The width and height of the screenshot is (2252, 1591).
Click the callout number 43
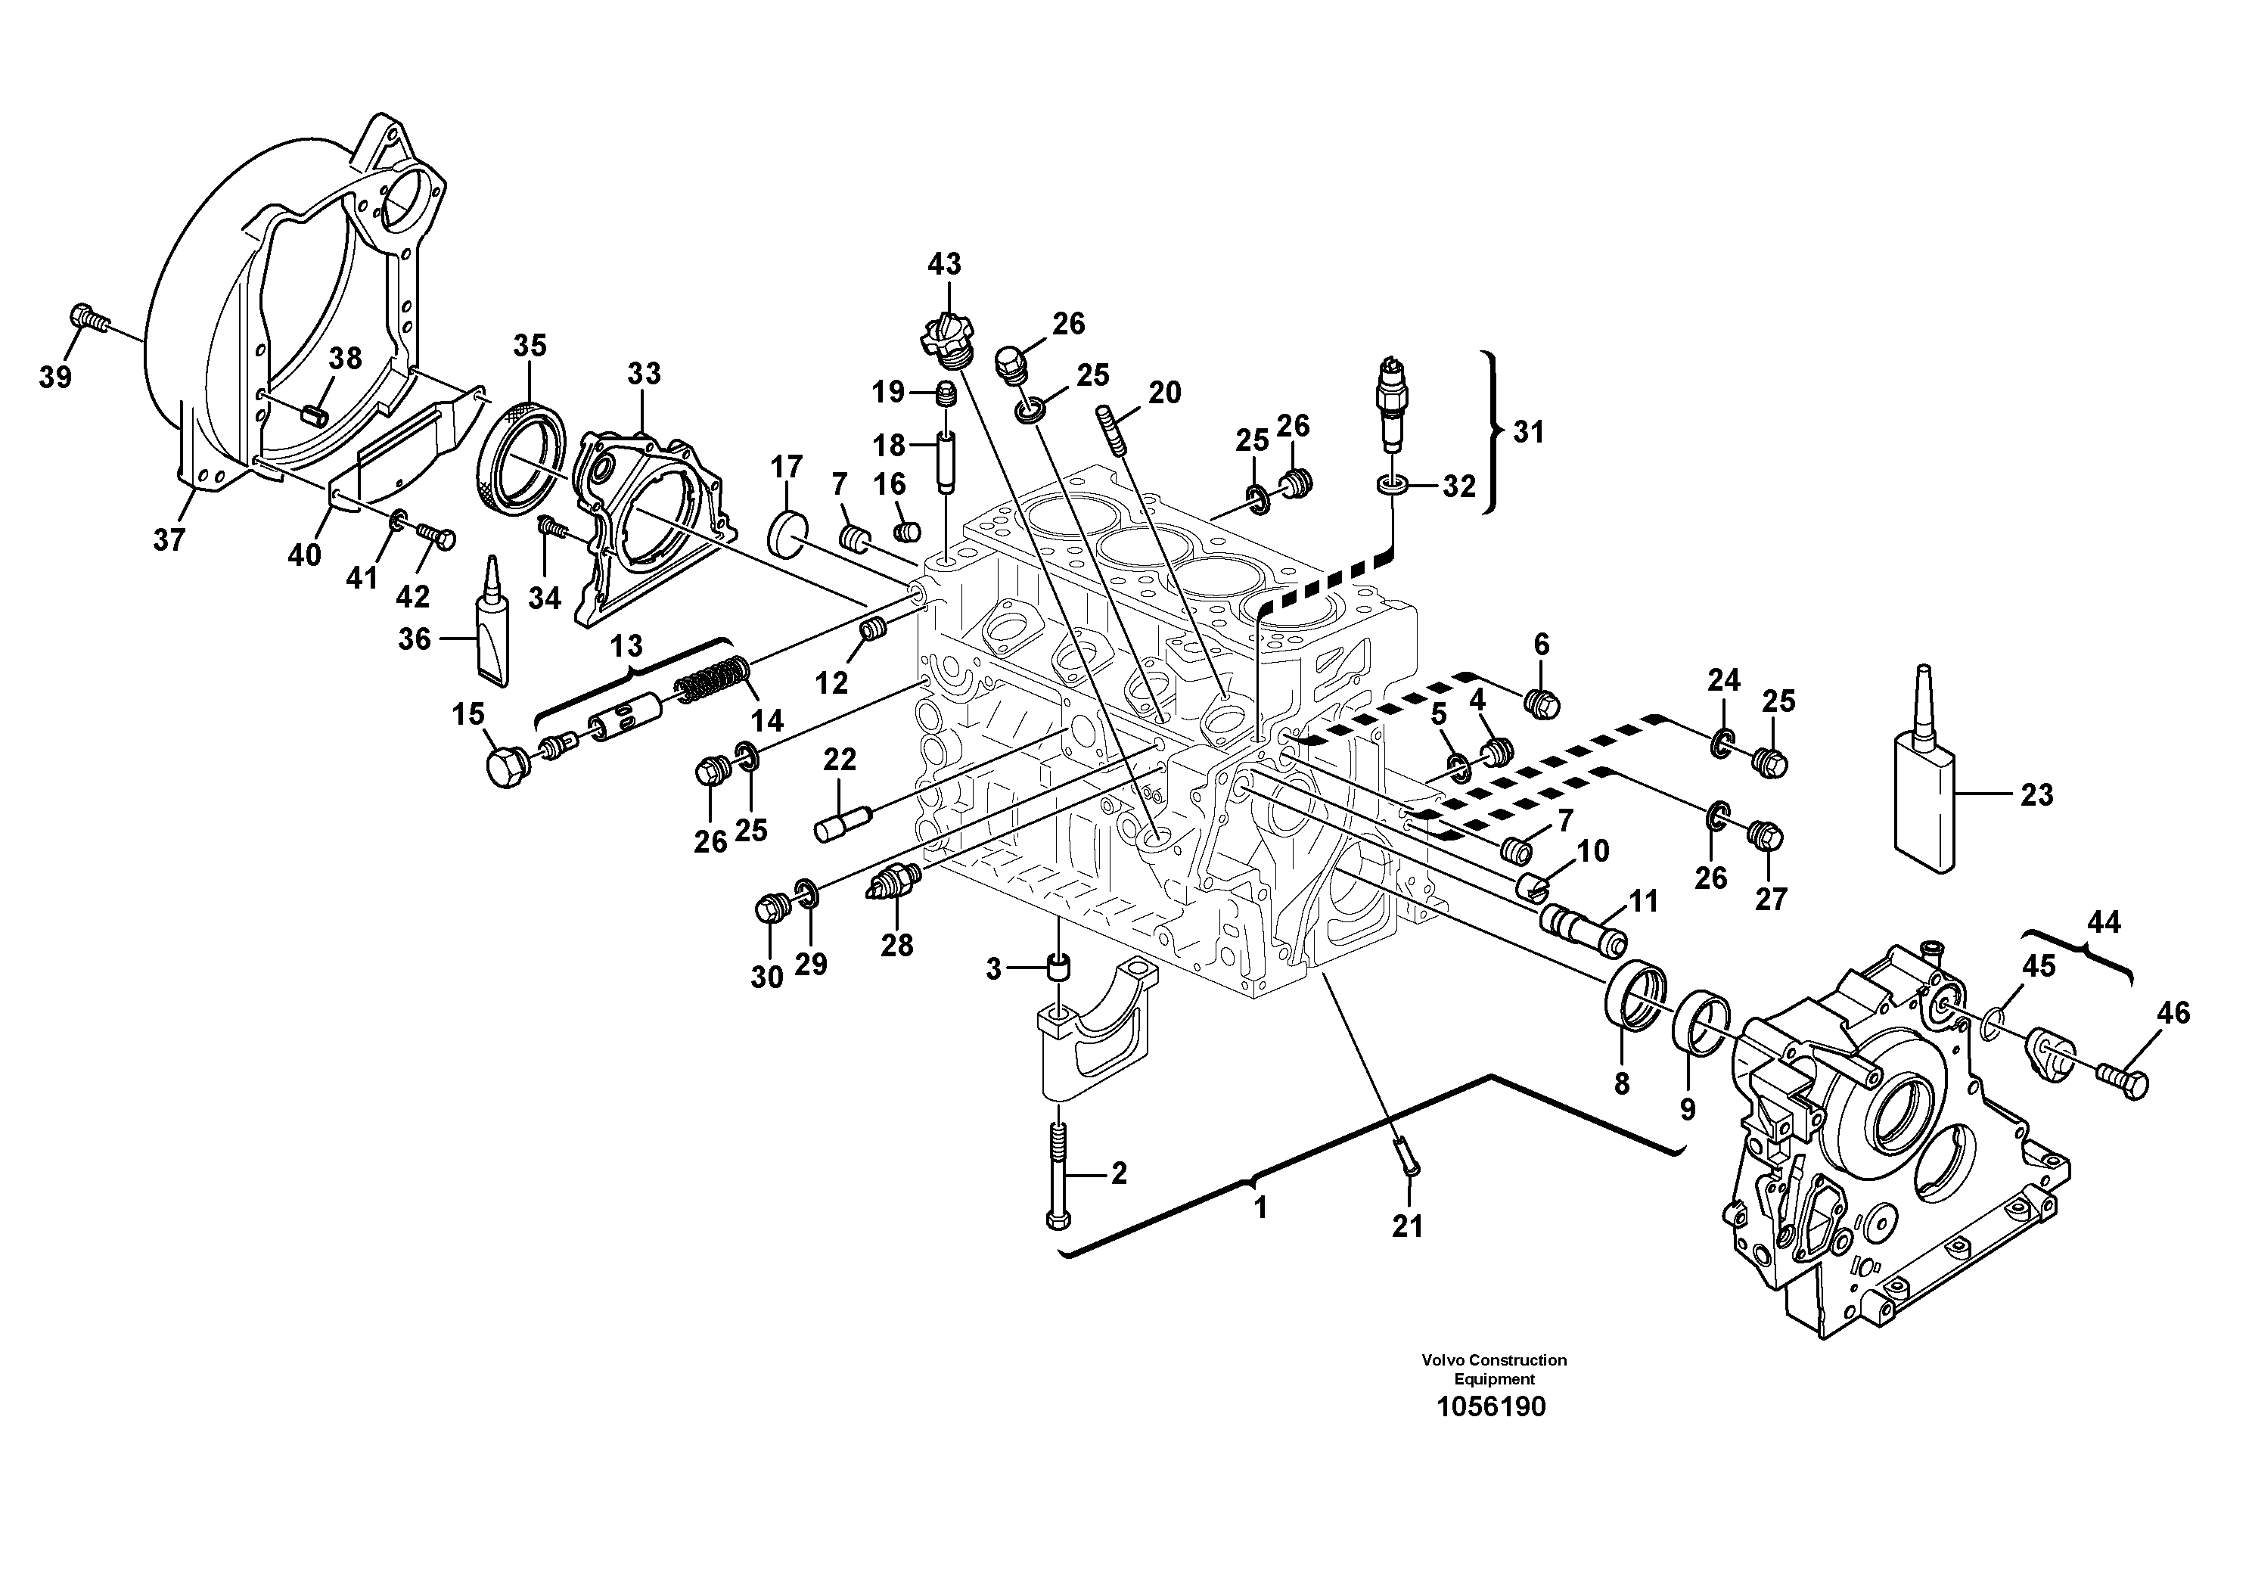coord(945,264)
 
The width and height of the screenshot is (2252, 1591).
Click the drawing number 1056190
coord(1492,1408)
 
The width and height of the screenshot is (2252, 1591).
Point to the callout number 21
coord(1408,1226)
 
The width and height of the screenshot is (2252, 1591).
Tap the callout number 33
coord(645,374)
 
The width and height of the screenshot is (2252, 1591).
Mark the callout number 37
coord(169,539)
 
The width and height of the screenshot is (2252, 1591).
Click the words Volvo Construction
coord(1494,1360)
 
